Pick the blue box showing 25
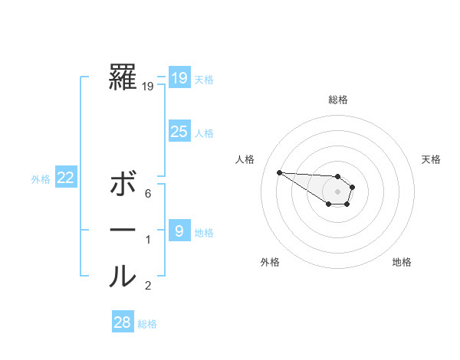click(x=179, y=132)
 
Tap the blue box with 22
click(x=66, y=178)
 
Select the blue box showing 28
click(x=123, y=322)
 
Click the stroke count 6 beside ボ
click(x=148, y=195)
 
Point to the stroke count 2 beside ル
click(x=148, y=286)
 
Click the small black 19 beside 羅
click(x=148, y=87)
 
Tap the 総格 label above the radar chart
click(x=337, y=100)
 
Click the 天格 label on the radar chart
click(x=431, y=159)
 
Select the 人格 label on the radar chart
click(x=245, y=159)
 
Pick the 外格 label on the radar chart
click(x=270, y=263)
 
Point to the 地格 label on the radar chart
click(x=402, y=263)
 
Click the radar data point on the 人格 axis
click(x=279, y=172)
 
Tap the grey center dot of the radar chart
click(x=337, y=191)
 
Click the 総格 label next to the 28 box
click(x=147, y=324)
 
